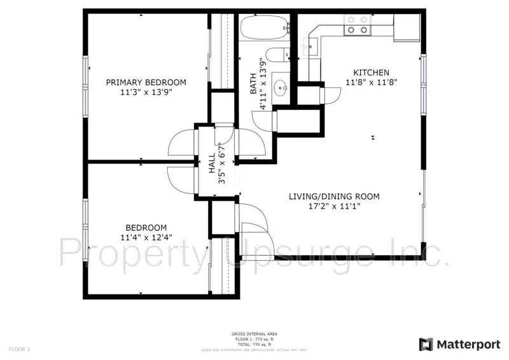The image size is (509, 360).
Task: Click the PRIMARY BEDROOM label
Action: pos(146,83)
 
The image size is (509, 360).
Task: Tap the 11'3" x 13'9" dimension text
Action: pos(146,92)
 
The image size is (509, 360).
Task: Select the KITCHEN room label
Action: pos(371,73)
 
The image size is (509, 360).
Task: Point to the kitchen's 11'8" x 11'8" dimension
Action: pos(371,83)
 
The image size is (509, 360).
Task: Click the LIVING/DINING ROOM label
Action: pos(334,197)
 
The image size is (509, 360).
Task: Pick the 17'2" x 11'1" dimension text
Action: pos(334,206)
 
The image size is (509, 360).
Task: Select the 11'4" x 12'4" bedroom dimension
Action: pos(146,238)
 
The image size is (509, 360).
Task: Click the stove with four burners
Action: pos(356,25)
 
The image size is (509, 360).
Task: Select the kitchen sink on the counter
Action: pos(311,45)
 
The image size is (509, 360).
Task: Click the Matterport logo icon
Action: pos(426,344)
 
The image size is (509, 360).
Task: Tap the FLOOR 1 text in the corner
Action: pos(19,349)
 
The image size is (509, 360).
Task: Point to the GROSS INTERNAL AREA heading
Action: pos(254,334)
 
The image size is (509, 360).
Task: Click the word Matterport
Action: pos(468,344)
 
